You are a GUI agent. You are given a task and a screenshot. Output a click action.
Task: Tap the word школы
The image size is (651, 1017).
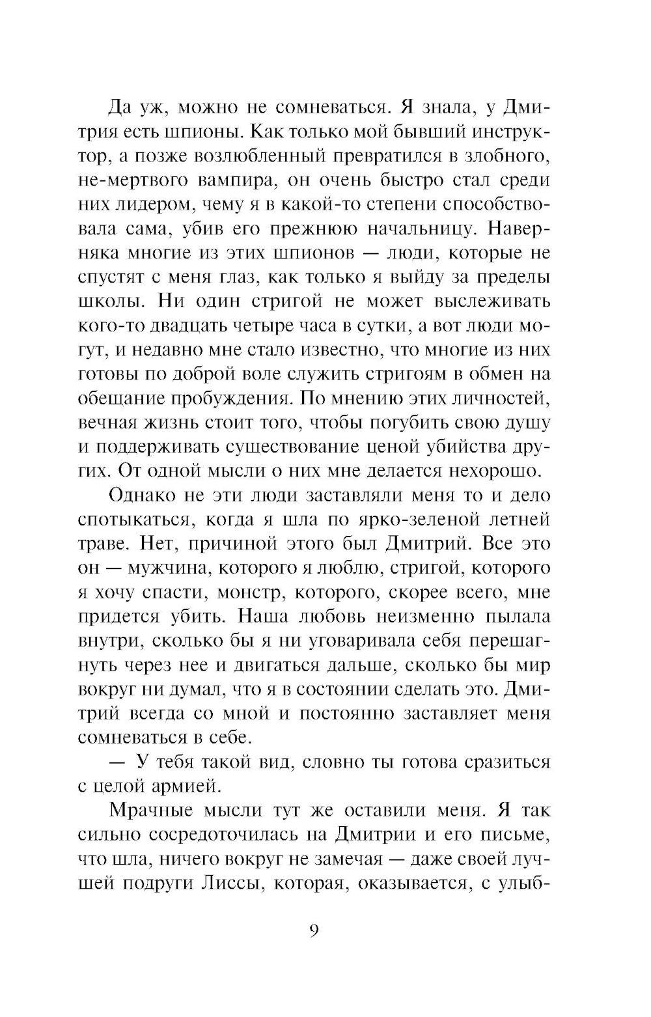(104, 302)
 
